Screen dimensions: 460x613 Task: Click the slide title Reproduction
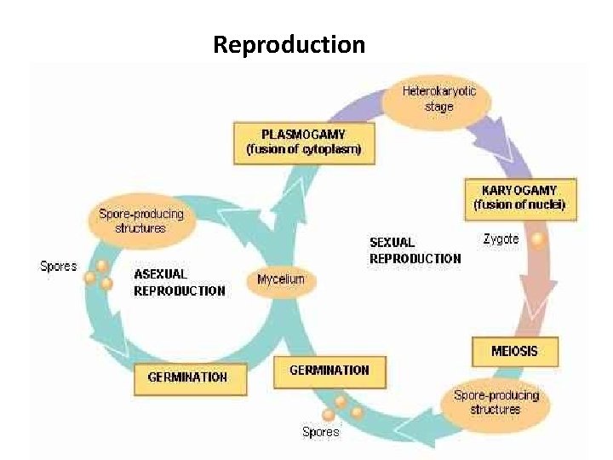coord(289,43)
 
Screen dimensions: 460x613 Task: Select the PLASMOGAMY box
coord(303,141)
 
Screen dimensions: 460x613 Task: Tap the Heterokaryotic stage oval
coord(438,99)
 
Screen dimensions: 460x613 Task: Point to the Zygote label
coord(501,239)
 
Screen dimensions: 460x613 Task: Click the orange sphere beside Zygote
coord(536,240)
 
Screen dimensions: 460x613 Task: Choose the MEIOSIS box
coord(515,350)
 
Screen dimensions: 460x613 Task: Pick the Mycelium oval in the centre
coord(281,280)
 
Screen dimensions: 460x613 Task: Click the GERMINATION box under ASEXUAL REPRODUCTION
coord(188,377)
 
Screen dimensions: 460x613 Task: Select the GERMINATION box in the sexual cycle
coord(329,370)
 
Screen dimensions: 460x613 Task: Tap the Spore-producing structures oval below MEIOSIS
coord(496,402)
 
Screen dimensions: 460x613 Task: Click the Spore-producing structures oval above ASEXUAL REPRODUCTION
coord(140,221)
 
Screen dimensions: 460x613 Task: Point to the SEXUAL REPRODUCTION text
coord(415,250)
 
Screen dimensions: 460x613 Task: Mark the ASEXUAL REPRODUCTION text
coord(179,282)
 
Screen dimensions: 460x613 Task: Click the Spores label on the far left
coord(58,267)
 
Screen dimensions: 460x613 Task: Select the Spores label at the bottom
coord(321,432)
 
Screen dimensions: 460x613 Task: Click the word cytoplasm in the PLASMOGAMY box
coord(332,150)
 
